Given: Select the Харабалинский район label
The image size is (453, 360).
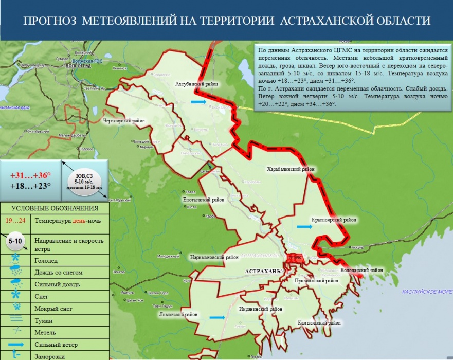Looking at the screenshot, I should click(x=290, y=169).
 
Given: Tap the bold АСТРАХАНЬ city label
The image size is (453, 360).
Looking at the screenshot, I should click(x=262, y=271).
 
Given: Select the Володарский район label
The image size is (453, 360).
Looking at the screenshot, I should click(x=361, y=270).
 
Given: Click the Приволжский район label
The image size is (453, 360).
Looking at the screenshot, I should click(x=316, y=281).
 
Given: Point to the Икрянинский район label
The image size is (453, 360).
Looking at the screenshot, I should click(x=261, y=309).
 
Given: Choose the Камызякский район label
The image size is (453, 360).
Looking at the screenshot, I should click(x=319, y=323).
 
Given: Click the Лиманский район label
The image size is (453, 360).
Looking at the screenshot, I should click(x=177, y=314).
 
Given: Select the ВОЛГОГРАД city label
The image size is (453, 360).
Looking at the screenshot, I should click(x=78, y=66).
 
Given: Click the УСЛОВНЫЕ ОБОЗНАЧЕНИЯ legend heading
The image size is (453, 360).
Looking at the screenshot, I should click(x=55, y=208).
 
